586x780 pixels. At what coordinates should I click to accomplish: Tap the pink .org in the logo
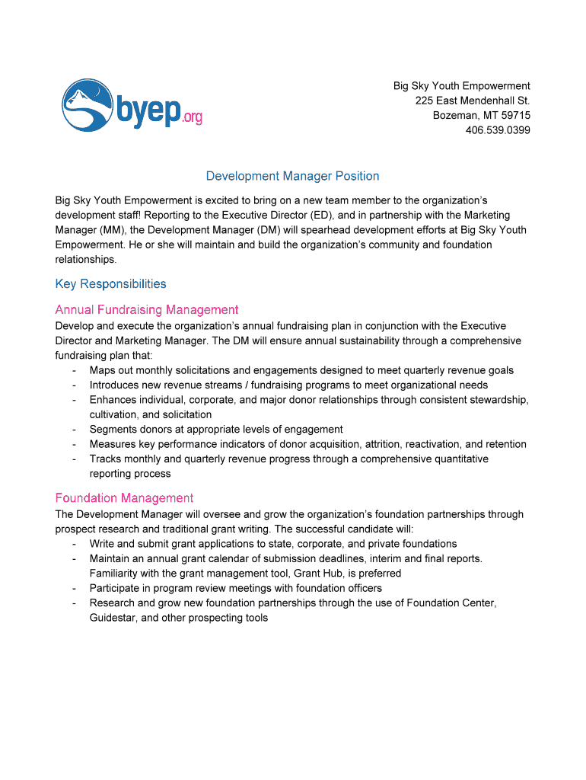pyautogui.click(x=193, y=117)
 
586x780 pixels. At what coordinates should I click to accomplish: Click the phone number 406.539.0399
pyautogui.click(x=498, y=130)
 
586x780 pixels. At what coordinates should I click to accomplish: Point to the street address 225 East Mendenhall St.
pyautogui.click(x=473, y=101)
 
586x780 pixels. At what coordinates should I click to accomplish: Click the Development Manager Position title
pyautogui.click(x=292, y=176)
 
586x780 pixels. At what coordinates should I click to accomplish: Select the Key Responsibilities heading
pyautogui.click(x=110, y=284)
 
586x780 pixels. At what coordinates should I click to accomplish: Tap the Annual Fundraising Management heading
pyautogui.click(x=147, y=310)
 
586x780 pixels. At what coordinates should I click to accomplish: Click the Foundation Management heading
pyautogui.click(x=124, y=498)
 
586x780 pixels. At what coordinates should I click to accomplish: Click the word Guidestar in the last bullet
pyautogui.click(x=113, y=618)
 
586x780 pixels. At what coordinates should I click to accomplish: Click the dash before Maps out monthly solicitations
pyautogui.click(x=74, y=370)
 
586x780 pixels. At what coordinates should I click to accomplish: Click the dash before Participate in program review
pyautogui.click(x=74, y=588)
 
